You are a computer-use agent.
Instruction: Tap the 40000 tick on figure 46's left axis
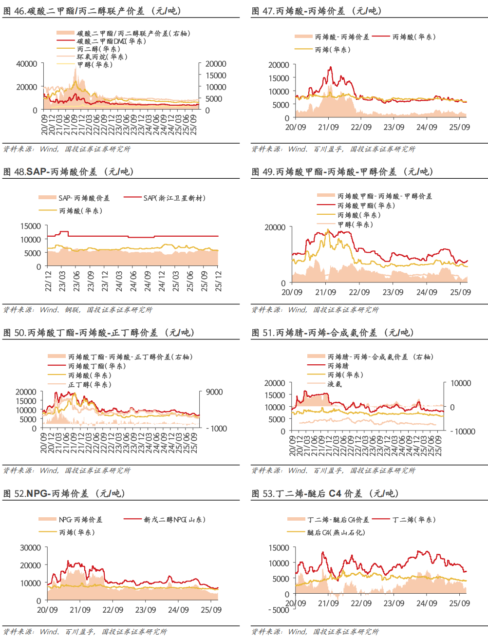(x=27, y=64)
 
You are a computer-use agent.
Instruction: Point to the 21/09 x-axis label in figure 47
(x=328, y=127)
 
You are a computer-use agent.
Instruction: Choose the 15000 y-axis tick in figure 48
(x=31, y=226)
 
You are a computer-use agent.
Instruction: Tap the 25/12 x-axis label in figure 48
(x=219, y=282)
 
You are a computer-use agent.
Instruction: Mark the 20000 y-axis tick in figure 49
(x=275, y=227)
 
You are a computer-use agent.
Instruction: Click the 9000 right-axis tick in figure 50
(x=214, y=392)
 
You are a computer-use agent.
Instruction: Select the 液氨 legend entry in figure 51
(x=335, y=384)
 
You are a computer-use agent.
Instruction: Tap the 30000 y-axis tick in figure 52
(x=31, y=548)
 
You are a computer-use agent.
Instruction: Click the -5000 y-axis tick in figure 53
(x=279, y=610)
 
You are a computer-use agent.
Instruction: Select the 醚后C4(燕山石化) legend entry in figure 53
(x=336, y=532)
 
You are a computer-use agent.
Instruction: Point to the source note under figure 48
(x=78, y=310)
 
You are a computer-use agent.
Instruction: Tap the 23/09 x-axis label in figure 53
(x=394, y=603)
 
